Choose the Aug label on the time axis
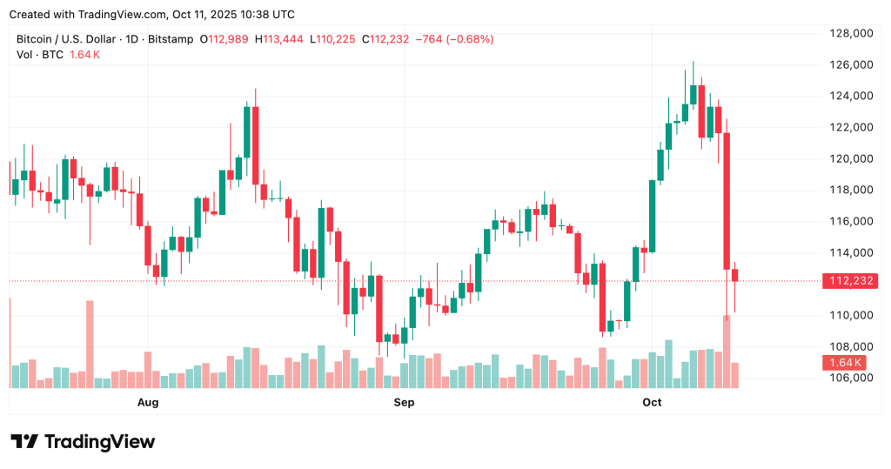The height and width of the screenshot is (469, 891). click(x=149, y=402)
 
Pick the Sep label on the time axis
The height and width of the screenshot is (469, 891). click(x=404, y=402)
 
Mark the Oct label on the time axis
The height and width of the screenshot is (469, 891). click(x=652, y=402)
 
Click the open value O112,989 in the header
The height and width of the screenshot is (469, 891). click(x=229, y=39)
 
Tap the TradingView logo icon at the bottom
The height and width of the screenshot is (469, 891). click(x=24, y=441)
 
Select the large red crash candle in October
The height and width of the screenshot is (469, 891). click(x=727, y=200)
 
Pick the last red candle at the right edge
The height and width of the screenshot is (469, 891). click(x=735, y=276)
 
